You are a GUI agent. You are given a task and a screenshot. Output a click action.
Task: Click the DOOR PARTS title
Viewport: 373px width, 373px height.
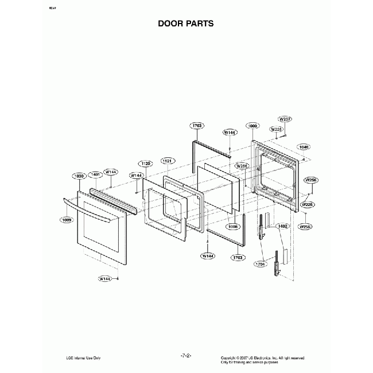coord(186,24)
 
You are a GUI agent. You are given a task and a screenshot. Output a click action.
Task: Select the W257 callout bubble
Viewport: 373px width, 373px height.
coord(285,119)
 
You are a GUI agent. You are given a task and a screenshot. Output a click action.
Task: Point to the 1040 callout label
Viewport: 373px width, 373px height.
coord(304,147)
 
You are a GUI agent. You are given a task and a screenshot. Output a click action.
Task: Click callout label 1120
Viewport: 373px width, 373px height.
coord(146,164)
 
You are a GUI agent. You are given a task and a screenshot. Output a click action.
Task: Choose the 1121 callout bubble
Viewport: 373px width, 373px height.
coord(168,161)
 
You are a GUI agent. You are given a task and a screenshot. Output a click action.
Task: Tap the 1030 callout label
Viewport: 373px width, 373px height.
coord(79,176)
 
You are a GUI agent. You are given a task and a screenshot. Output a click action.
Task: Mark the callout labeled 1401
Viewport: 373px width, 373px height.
coord(96,174)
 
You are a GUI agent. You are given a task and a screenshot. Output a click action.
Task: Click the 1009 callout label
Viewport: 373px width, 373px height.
coord(68,219)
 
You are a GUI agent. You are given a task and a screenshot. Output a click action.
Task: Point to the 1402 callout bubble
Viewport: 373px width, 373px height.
coord(282,226)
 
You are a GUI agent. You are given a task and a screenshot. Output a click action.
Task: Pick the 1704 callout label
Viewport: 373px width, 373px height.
coord(261,264)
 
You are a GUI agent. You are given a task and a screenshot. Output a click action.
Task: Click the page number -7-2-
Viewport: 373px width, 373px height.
coord(186,356)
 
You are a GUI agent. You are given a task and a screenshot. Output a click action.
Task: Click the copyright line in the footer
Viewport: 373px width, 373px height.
coord(262,356)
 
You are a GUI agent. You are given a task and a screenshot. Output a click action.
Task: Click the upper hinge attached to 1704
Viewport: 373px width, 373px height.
coord(263,226)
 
